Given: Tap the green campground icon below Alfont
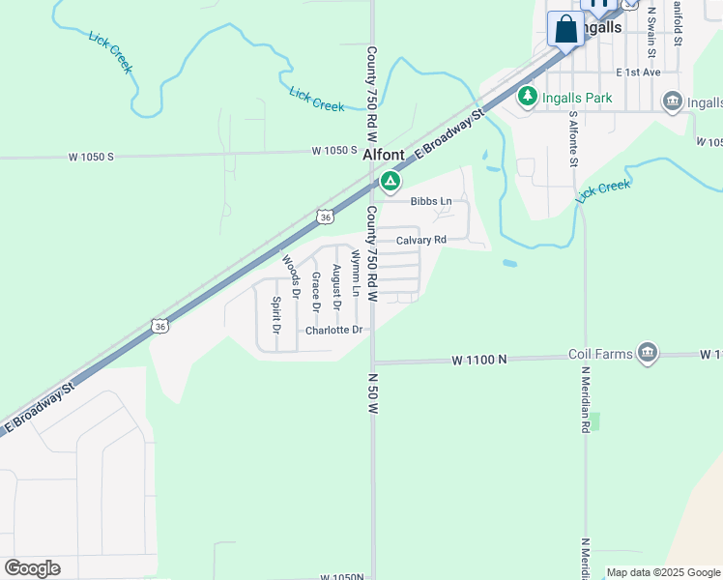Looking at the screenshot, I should pos(390,180).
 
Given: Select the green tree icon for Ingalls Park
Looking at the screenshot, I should pos(527,96).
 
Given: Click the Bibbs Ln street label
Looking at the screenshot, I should pos(431,201).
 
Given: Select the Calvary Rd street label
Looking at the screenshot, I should pos(420,240).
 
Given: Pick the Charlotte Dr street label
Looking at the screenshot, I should pos(333,331).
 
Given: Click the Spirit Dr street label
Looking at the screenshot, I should pos(276,314).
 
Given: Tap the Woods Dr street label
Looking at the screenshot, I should pos(288,275).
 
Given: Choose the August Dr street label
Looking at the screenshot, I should pos(336,287).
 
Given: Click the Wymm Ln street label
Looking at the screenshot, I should pos(356,274).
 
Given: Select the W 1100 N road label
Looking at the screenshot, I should pos(479,360).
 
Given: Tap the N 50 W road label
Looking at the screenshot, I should pos(371,393).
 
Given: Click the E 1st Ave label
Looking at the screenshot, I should pos(639,72).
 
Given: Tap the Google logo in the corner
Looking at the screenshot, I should pos(32,568).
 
